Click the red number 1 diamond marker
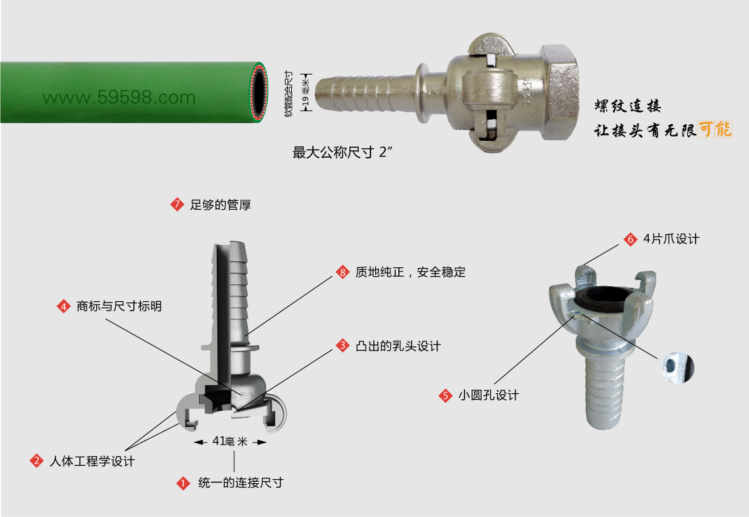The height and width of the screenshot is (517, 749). click(183, 483)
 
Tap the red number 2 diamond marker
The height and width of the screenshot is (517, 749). click(37, 461)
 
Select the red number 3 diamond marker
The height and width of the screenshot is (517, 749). click(343, 346)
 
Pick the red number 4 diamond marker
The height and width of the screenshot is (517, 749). click(64, 306)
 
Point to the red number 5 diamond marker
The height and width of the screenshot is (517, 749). click(445, 395)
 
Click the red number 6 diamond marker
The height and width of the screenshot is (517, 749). click(630, 239)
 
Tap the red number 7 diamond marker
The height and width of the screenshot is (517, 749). click(177, 205)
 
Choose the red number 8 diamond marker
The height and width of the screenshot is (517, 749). click(343, 272)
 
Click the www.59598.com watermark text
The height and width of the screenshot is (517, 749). click(119, 98)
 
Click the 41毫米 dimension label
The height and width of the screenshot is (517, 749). click(230, 442)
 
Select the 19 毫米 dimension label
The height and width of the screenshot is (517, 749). click(305, 93)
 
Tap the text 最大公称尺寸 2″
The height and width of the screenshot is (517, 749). click(343, 152)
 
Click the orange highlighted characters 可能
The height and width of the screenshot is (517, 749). click(714, 129)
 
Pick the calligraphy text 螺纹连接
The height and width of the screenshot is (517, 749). click(628, 106)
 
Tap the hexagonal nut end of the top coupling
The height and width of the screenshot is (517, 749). click(559, 92)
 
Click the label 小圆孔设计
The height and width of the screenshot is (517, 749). click(489, 395)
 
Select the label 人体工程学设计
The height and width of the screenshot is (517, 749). click(92, 461)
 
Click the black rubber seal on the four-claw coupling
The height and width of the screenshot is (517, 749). click(604, 298)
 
